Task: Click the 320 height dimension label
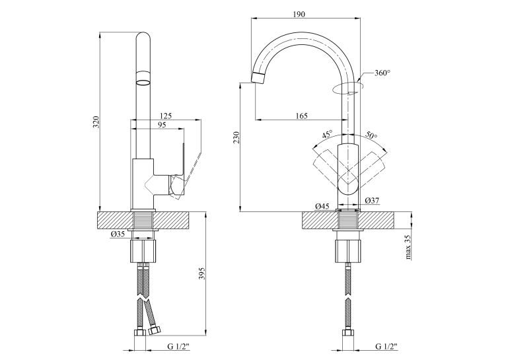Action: click(96, 122)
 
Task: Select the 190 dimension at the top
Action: click(299, 14)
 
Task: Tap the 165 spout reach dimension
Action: click(301, 116)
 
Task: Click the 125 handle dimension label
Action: click(166, 116)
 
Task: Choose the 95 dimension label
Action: click(162, 125)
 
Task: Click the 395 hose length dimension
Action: click(202, 273)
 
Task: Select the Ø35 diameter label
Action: click(118, 234)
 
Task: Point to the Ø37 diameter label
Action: click(372, 201)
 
